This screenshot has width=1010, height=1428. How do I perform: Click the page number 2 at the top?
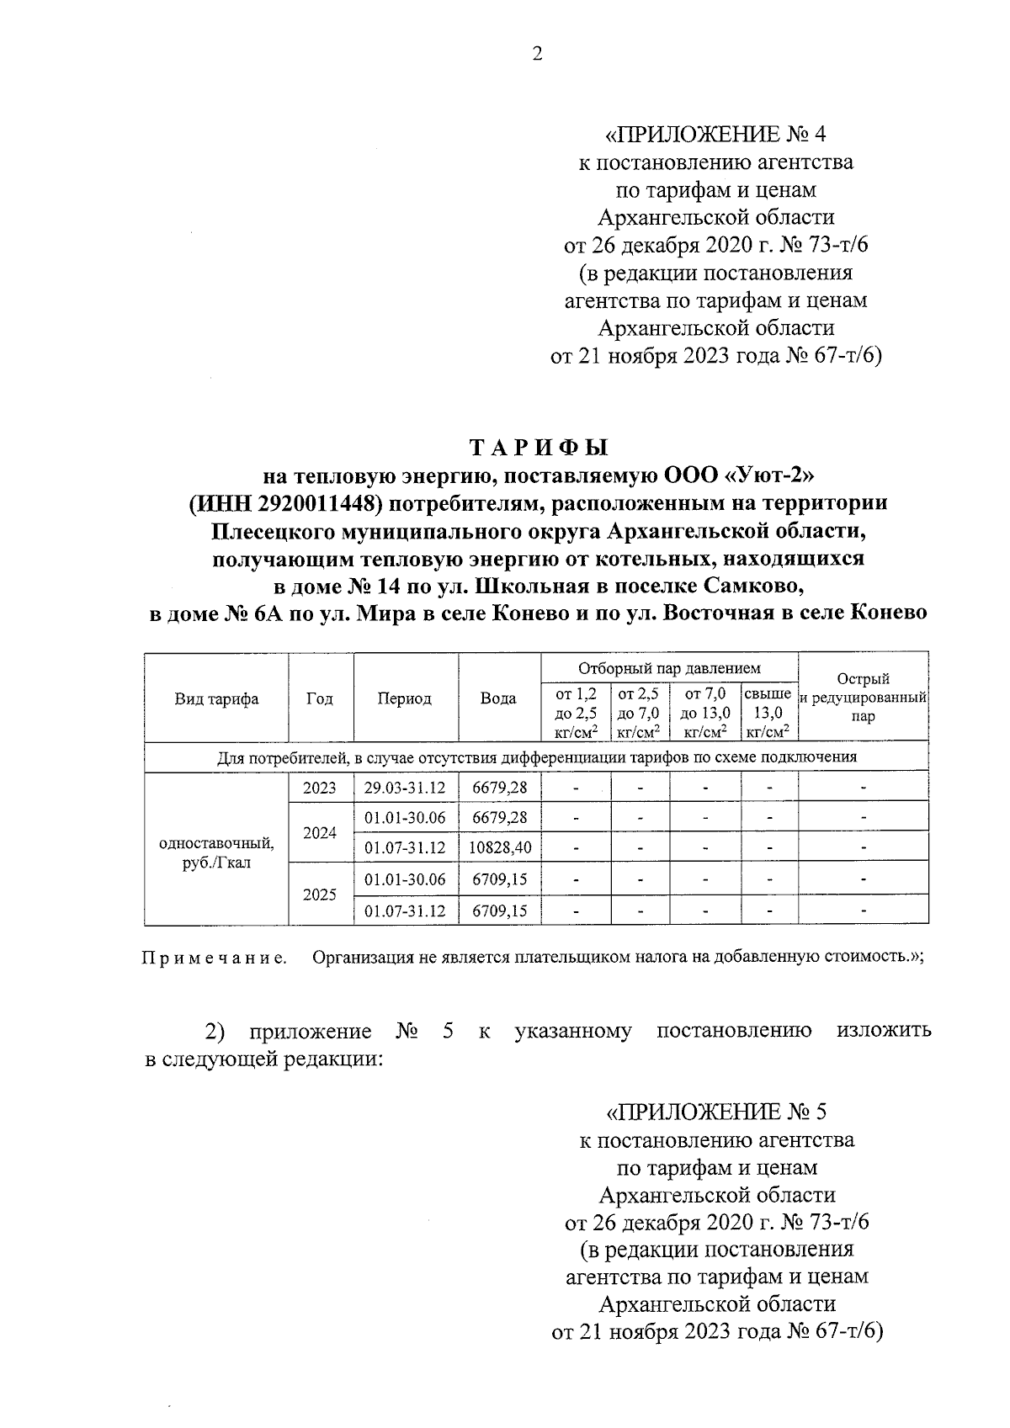pos(537,54)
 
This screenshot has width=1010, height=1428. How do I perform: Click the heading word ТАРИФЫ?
pos(538,448)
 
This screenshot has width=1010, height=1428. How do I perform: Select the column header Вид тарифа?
pos(216,698)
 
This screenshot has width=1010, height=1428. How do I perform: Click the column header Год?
pos(320,698)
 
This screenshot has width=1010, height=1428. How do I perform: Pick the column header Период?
pos(405,698)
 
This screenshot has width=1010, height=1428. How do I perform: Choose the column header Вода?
pos(498,698)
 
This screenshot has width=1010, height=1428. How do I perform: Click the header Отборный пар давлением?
pos(668,668)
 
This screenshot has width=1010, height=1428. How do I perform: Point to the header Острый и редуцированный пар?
pos(863,698)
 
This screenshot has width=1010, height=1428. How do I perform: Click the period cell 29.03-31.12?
pos(405,788)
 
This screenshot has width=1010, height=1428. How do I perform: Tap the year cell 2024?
pos(320,832)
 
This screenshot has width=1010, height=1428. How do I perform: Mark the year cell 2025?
pos(320,894)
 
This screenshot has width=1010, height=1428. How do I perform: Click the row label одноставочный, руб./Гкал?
pos(216,852)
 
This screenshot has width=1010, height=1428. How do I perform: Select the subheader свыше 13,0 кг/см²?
pos(768,713)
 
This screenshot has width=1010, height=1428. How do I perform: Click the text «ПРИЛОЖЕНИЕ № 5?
pos(716,1112)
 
